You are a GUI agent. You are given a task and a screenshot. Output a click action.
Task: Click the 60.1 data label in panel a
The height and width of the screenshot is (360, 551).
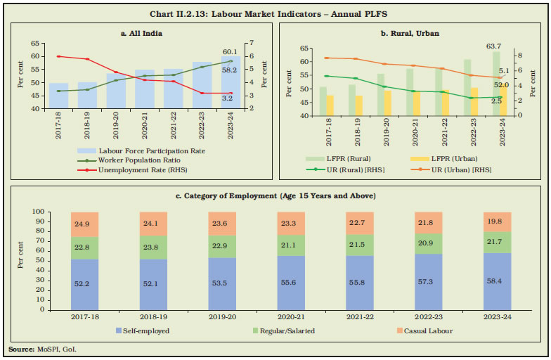coord(230,51)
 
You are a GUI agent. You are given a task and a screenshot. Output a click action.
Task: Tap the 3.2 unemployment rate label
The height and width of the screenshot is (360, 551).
coord(227,98)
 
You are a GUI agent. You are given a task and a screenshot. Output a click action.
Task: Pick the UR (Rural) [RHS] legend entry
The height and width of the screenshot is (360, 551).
coord(345,169)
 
